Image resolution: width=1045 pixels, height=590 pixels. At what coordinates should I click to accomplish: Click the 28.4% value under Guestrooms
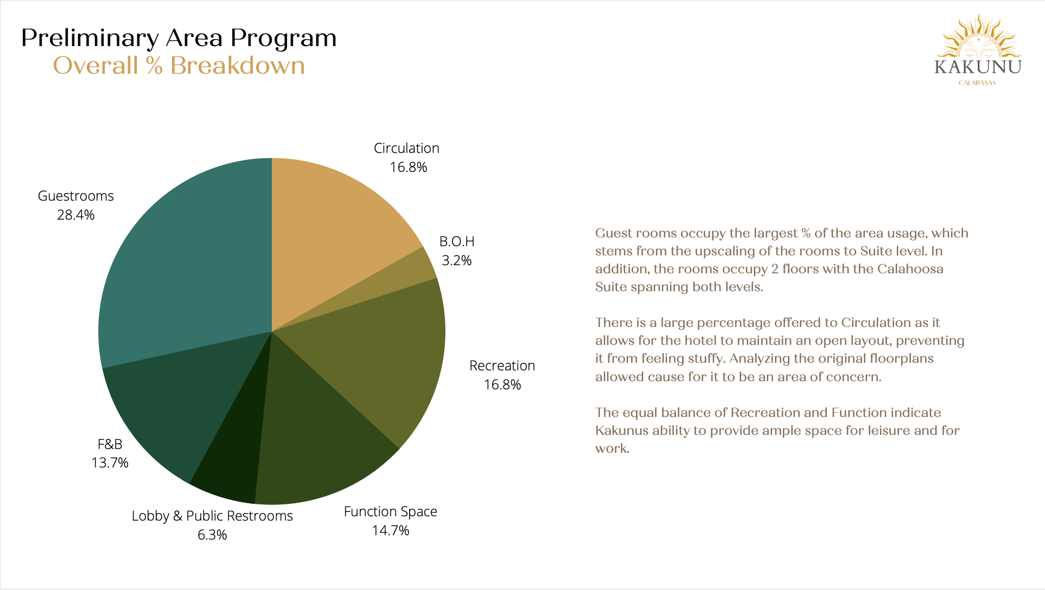(76, 215)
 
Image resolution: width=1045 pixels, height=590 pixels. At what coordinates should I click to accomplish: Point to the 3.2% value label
(457, 261)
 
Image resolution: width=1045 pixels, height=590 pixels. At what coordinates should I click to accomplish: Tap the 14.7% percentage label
(391, 530)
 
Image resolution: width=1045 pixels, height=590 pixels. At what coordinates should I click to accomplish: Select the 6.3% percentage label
(212, 535)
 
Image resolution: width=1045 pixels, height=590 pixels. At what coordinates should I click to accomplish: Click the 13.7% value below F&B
(110, 463)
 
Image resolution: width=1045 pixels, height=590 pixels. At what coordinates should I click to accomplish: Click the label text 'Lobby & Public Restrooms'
(212, 516)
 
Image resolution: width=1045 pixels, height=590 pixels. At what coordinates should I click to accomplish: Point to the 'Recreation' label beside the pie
(502, 366)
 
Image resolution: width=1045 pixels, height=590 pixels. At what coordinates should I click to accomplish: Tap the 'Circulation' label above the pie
(406, 149)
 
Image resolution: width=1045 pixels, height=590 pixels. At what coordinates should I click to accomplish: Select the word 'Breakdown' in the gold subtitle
(238, 66)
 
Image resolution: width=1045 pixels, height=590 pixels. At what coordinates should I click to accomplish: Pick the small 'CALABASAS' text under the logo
(977, 83)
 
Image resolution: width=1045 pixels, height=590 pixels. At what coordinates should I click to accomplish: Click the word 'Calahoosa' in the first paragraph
(910, 269)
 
